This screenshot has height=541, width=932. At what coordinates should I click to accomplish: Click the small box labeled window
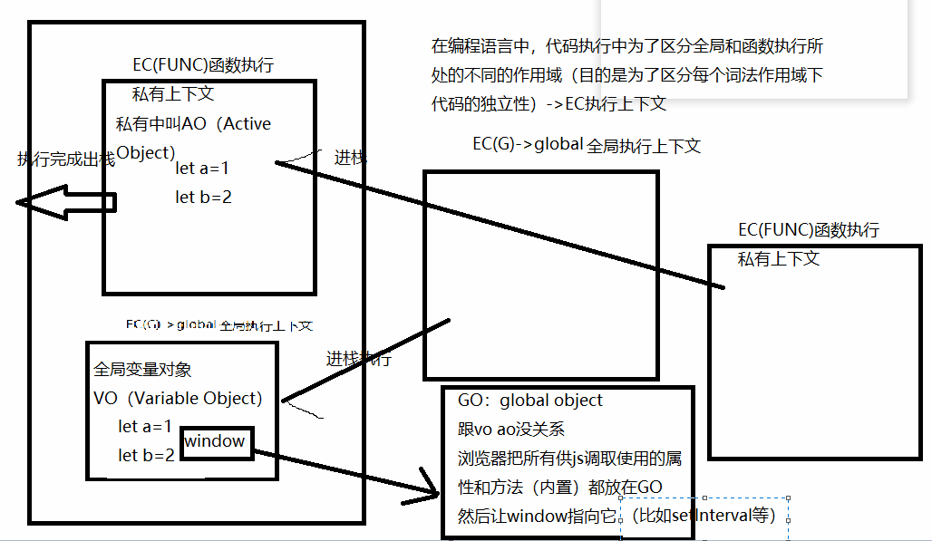(215, 441)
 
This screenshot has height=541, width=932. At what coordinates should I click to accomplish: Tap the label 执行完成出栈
(65, 159)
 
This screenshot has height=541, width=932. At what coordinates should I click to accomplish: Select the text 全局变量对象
(142, 370)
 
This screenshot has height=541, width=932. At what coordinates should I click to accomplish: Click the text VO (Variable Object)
(178, 398)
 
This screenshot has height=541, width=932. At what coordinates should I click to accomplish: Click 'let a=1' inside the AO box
(203, 168)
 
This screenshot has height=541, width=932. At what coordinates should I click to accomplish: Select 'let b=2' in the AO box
(203, 197)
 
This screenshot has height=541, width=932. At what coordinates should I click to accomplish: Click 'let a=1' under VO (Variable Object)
(145, 426)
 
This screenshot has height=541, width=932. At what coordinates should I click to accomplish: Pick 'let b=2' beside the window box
(146, 455)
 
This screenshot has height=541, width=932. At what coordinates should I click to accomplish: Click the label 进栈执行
(358, 359)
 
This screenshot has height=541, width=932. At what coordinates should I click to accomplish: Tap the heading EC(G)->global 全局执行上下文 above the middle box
(587, 145)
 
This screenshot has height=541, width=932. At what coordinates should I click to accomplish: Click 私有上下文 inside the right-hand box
(779, 259)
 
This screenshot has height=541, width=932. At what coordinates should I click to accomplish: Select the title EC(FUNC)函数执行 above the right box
(809, 230)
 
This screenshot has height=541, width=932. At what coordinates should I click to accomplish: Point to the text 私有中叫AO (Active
(193, 123)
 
